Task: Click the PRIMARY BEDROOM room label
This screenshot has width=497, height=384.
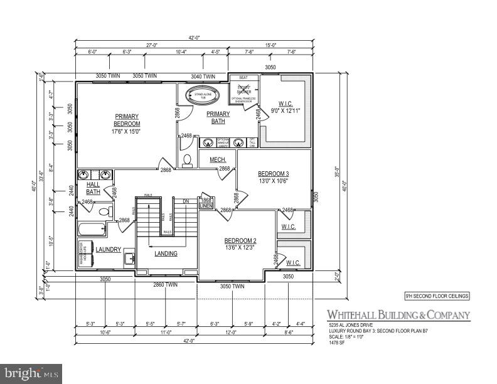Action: click(x=126, y=119)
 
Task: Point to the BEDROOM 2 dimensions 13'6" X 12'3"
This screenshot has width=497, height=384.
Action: click(x=240, y=248)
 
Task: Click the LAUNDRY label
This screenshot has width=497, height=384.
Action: click(x=108, y=249)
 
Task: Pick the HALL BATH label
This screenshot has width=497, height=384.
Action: click(x=93, y=188)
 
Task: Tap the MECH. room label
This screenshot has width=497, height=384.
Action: click(x=217, y=160)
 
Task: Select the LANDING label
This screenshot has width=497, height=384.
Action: click(x=166, y=253)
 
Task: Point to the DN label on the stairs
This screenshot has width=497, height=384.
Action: click(x=186, y=201)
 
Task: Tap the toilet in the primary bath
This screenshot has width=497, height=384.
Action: click(x=188, y=161)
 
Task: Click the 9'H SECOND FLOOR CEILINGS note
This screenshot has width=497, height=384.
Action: click(x=436, y=296)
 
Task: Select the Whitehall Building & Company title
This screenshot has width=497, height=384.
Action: click(x=397, y=315)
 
